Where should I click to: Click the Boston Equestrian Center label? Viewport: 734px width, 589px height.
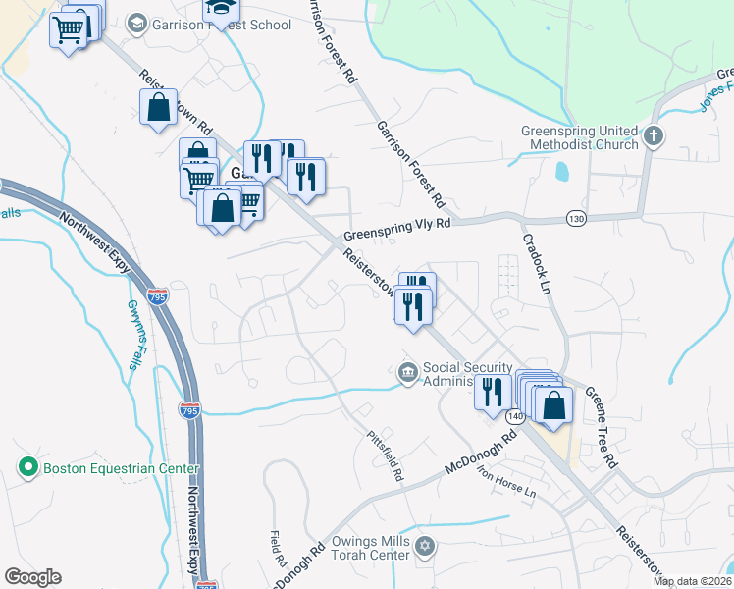click(120, 468)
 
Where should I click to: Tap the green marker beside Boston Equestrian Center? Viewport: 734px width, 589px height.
click(27, 467)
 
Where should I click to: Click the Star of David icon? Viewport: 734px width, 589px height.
click(424, 545)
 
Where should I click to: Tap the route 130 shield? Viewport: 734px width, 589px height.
click(576, 218)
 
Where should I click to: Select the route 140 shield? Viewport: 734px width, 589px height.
click(516, 416)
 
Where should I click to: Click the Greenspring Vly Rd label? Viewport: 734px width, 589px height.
click(396, 230)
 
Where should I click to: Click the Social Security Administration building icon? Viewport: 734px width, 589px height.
click(407, 373)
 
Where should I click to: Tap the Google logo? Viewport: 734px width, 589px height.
click(33, 576)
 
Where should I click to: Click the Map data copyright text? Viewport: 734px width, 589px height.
click(693, 581)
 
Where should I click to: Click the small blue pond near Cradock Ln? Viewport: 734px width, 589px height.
click(560, 173)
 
